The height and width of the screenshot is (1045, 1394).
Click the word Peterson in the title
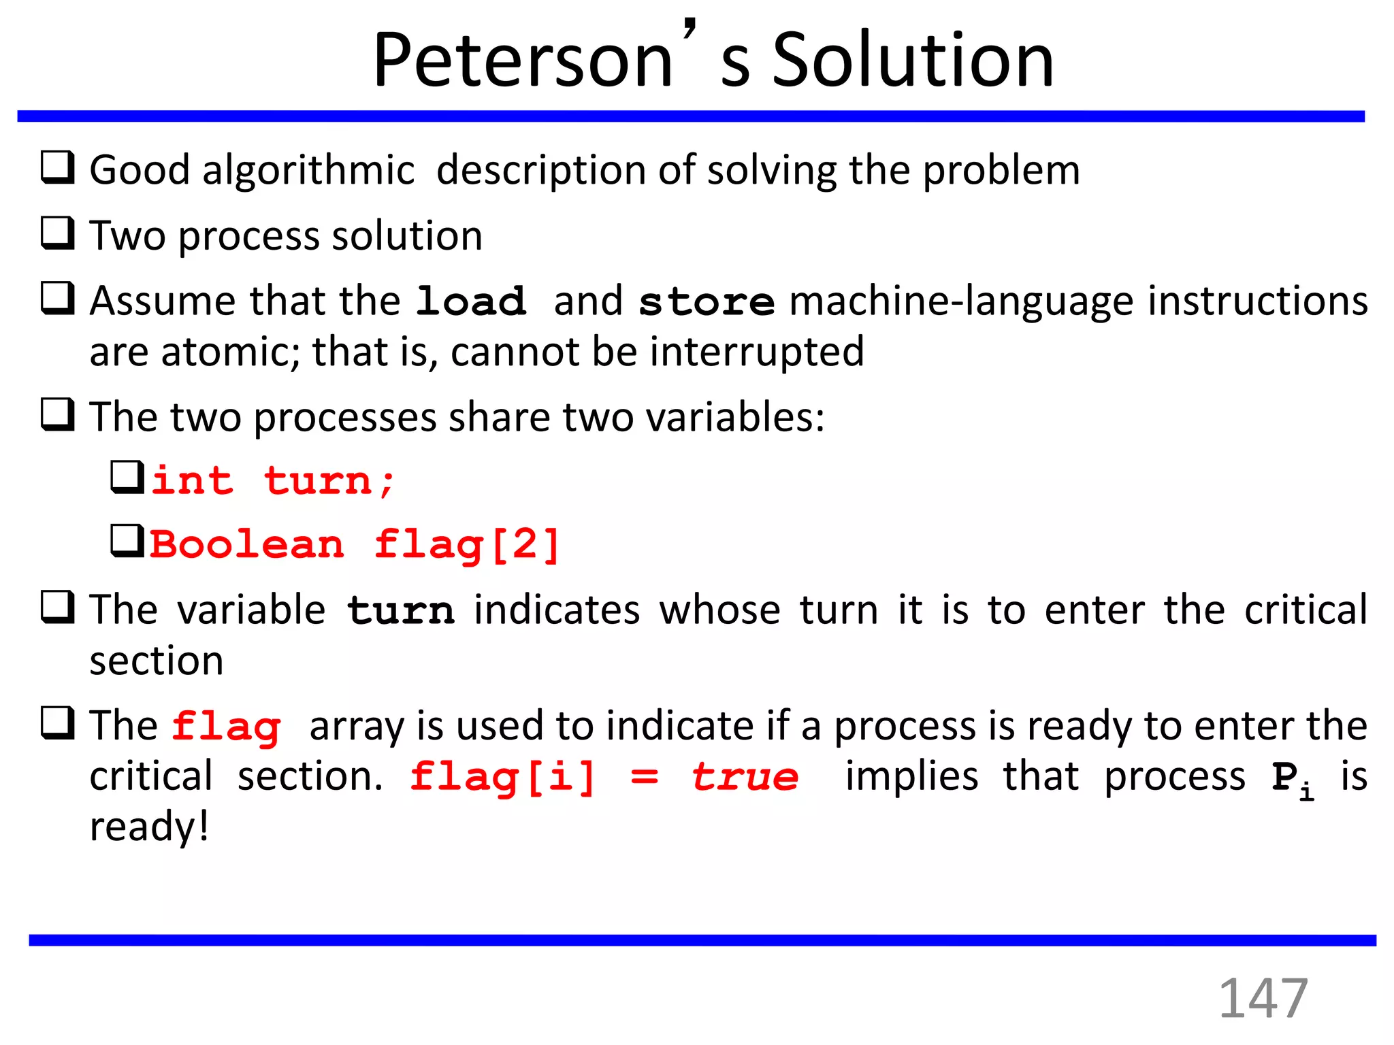523,61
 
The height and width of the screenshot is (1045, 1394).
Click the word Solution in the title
913,61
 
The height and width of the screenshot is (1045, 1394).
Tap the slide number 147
1263,998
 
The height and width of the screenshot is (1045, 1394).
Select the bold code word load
471,301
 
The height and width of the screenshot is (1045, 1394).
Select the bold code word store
707,301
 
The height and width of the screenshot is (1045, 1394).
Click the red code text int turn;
272,481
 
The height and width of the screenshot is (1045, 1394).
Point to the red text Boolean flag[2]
354,545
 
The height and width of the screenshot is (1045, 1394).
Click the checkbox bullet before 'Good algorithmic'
58,167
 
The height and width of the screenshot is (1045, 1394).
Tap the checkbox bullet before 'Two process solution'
58,233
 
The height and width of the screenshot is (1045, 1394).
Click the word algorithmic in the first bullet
308,170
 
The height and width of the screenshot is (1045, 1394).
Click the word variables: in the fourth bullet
735,417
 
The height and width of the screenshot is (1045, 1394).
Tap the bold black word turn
400,610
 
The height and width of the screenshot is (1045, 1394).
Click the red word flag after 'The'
226,727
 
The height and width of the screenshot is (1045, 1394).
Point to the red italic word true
745,777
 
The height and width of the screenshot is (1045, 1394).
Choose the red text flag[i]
502,777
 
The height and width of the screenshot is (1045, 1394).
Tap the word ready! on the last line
149,827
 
